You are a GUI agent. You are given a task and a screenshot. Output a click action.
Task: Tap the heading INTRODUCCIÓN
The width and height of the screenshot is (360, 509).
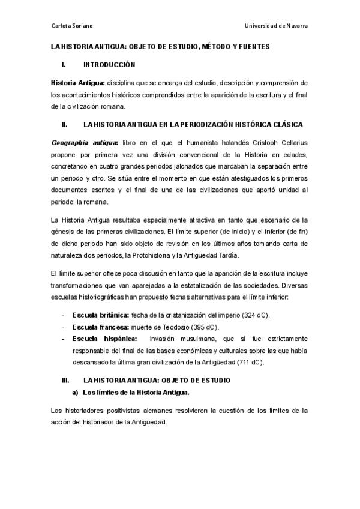click(109, 64)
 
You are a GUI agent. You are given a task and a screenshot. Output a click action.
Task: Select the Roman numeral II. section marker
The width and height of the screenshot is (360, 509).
click(64, 125)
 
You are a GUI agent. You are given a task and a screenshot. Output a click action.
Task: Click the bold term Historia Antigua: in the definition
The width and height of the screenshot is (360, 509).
click(77, 82)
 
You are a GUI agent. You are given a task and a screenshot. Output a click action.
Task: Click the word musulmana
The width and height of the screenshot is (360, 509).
click(203, 339)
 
